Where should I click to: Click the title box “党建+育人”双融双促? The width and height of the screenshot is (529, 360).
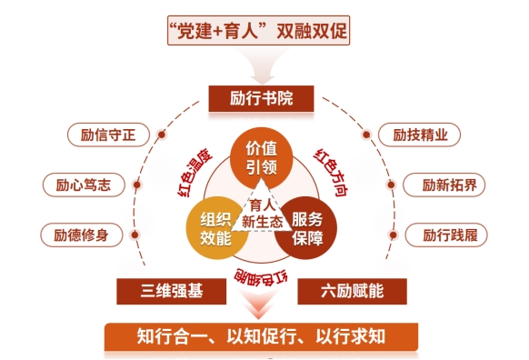point(258,30)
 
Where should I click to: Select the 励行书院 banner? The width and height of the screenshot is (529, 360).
point(261,98)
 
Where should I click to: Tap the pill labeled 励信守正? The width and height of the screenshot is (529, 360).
point(108,135)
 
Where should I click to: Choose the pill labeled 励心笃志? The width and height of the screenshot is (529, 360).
point(84,185)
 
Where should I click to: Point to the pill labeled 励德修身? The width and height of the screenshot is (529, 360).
point(81,235)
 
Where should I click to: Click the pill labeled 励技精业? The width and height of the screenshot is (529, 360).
point(419,135)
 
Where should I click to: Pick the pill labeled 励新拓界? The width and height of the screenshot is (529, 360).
point(444,185)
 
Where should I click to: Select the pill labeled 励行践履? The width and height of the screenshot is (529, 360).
point(446,235)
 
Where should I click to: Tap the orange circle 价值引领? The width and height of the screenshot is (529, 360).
point(261,158)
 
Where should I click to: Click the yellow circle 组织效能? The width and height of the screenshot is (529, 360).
point(216,228)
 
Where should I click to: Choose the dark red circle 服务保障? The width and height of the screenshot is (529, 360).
point(306,228)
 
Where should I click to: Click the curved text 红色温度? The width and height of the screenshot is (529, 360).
point(195,172)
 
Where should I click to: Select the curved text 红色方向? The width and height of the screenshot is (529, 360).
point(331,172)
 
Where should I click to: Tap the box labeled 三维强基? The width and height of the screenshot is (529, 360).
point(172,291)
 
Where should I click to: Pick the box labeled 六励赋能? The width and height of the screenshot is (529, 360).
point(353,291)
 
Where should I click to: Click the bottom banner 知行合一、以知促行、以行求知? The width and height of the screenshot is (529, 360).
point(261,336)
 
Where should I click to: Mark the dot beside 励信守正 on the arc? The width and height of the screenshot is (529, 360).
point(162,135)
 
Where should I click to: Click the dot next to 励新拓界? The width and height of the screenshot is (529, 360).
point(391,185)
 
